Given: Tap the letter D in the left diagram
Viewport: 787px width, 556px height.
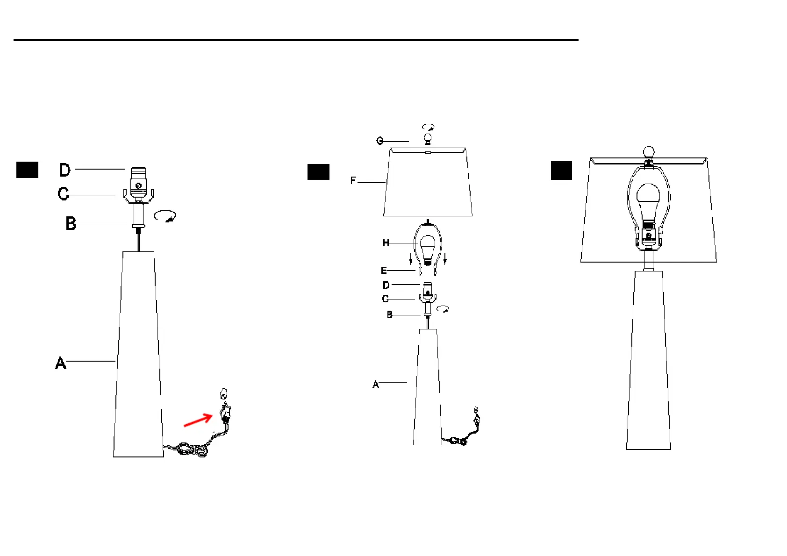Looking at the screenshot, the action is [65, 170].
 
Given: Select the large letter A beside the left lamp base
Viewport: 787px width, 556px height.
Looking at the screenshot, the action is [61, 363].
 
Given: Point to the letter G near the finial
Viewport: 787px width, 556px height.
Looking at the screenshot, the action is [380, 141].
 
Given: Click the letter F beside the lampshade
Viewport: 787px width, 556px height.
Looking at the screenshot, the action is [353, 181].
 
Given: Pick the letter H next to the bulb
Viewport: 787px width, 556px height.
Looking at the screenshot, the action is [386, 243].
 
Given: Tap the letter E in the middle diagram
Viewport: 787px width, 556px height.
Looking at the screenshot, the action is [384, 271].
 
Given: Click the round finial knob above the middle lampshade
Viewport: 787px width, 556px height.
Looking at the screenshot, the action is [427, 138].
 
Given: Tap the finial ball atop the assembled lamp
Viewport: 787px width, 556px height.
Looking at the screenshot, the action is [649, 152].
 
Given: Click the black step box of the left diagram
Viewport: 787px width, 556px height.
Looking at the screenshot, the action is [27, 170].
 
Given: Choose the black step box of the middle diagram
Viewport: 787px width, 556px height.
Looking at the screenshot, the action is [318, 172].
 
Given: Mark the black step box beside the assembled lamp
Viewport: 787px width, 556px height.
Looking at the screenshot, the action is [561, 171].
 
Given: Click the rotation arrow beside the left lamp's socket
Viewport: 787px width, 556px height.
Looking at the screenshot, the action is [165, 216].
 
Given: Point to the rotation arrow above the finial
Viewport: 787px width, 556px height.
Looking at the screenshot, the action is [428, 127].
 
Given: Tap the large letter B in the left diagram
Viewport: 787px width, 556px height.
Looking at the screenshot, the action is [71, 223].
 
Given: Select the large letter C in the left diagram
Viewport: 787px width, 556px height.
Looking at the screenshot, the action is [63, 193].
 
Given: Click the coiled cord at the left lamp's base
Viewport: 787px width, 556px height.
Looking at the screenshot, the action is [192, 449].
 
